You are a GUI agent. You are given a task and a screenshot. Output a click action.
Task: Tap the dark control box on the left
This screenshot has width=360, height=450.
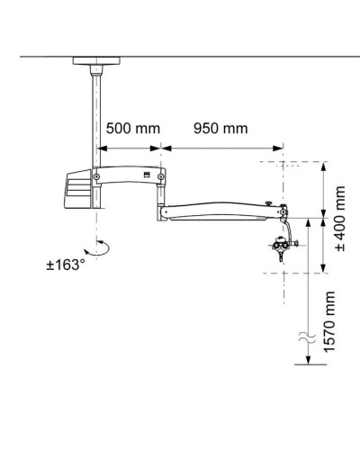click(76, 192)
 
